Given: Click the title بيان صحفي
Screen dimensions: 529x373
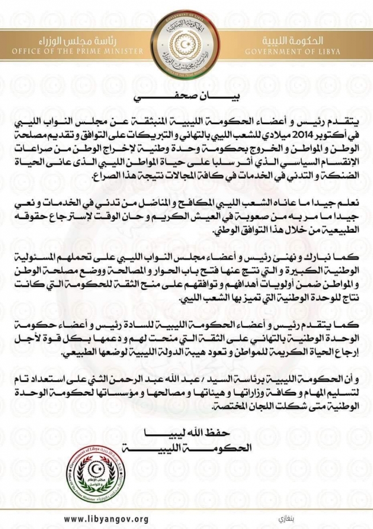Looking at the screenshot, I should coord(186,97).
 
